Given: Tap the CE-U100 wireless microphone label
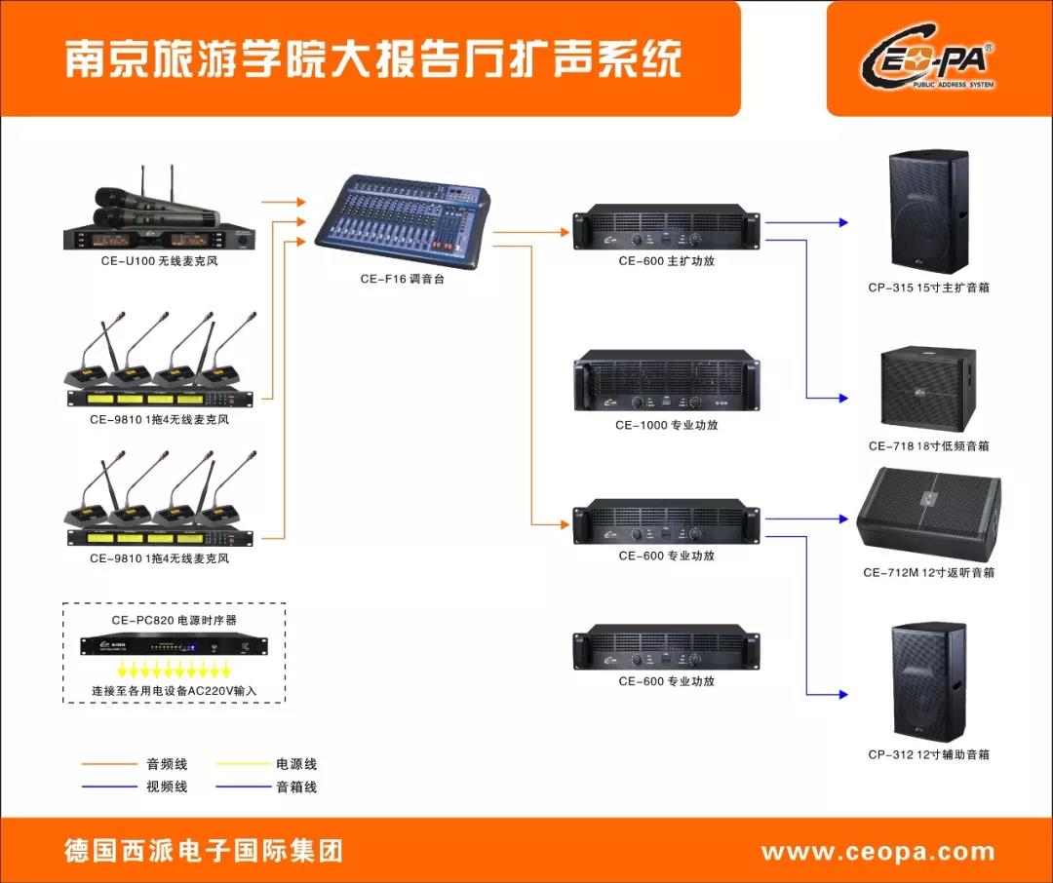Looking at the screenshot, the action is pyautogui.click(x=160, y=261).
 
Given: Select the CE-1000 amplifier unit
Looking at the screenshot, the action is pyautogui.click(x=667, y=380).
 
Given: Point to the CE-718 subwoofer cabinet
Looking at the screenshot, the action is pyautogui.click(x=929, y=390).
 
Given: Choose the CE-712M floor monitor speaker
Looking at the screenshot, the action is pyautogui.click(x=929, y=516).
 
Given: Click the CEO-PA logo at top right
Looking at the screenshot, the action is pyautogui.click(x=928, y=59).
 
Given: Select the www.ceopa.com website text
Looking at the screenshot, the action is pyautogui.click(x=877, y=852).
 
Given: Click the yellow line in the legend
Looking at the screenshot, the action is pyautogui.click(x=243, y=763).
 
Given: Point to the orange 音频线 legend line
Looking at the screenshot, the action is pyautogui.click(x=109, y=764).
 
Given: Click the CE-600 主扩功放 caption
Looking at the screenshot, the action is pyautogui.click(x=667, y=261).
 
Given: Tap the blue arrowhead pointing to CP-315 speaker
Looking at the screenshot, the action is pyautogui.click(x=843, y=222).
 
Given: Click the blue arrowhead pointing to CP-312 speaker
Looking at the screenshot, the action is pyautogui.click(x=843, y=694).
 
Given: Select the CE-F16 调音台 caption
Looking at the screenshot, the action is pyautogui.click(x=403, y=280).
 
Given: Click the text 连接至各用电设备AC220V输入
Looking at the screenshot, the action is pyautogui.click(x=174, y=690).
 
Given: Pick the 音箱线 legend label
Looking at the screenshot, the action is pyautogui.click(x=296, y=787).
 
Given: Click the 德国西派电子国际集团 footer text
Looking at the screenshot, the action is pyautogui.click(x=204, y=851).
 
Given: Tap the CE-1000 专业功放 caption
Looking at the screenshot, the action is pyautogui.click(x=667, y=425).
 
